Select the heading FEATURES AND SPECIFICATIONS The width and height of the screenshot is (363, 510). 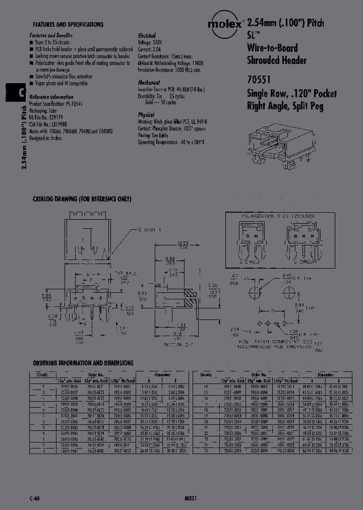click(68, 24)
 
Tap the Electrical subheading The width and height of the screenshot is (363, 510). click(148, 36)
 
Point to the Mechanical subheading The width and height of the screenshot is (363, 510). click(149, 82)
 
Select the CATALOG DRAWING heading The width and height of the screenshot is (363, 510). click(82, 199)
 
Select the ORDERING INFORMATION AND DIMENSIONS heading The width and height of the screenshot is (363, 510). click(83, 363)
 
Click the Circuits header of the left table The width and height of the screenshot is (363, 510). click(42, 375)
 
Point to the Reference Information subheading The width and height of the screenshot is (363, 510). click(51, 97)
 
